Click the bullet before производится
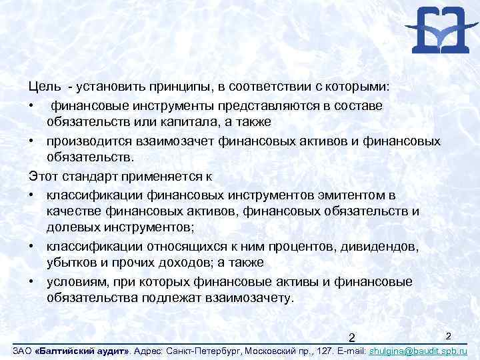[x=31, y=141]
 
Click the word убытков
[x=72, y=264]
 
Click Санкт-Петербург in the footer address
[x=206, y=350]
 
